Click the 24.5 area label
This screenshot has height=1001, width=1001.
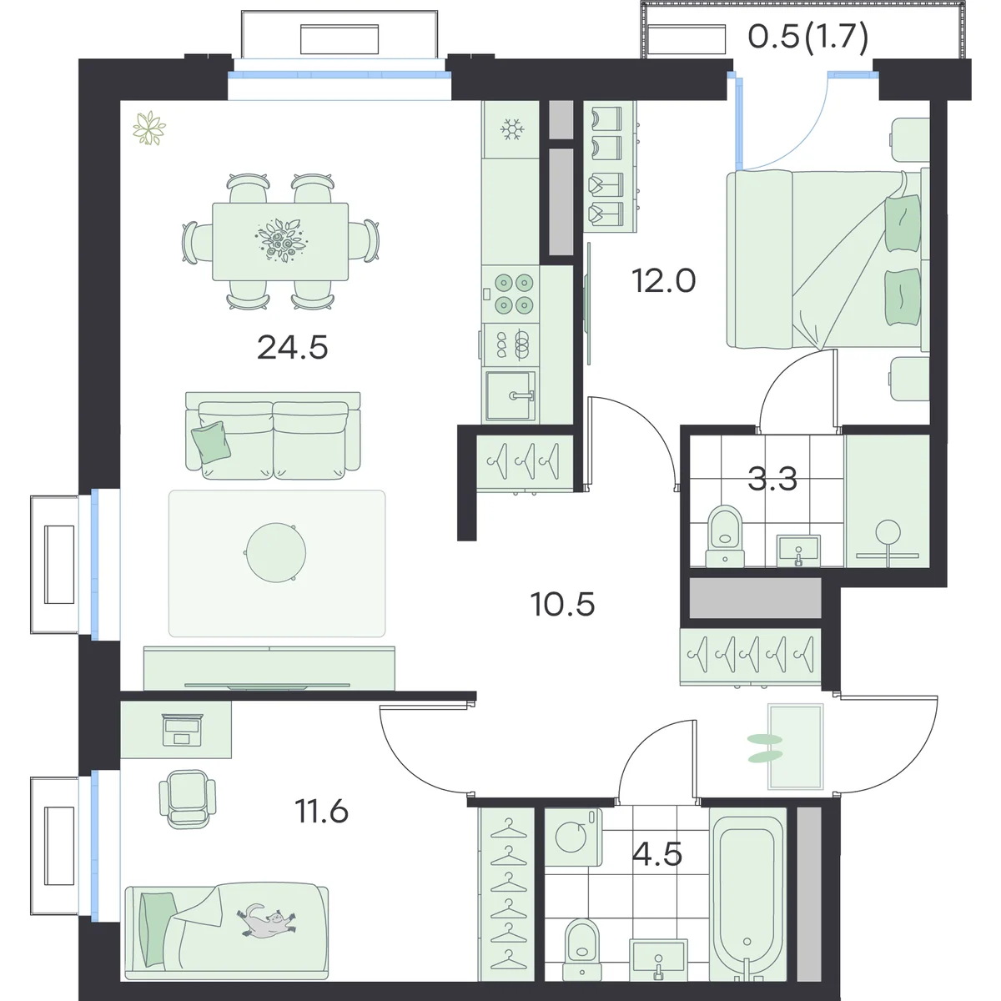293,348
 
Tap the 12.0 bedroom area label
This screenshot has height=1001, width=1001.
663,280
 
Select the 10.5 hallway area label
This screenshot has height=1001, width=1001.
562,604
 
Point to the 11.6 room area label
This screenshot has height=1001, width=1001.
321,812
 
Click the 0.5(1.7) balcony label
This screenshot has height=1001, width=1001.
808,38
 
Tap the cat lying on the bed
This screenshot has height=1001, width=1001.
268,928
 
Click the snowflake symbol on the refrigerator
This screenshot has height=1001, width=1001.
512,128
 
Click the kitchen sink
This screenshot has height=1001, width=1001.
511,396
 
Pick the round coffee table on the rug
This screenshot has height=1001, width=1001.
276,553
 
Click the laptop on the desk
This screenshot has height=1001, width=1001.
183,729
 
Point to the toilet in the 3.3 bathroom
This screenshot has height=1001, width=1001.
725,536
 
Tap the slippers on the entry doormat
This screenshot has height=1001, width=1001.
765,748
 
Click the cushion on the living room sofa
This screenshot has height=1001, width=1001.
211,441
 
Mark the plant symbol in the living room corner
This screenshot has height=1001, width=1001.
149,128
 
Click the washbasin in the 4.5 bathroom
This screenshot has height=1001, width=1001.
658,959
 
